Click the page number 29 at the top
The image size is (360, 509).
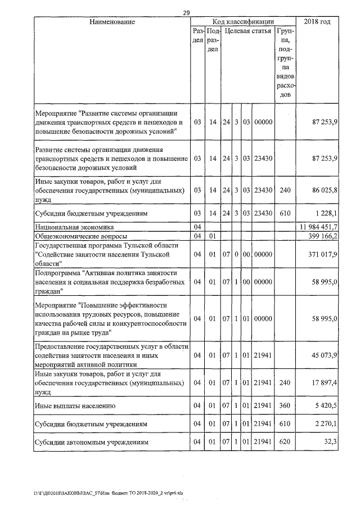pos(186,12)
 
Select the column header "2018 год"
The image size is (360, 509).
pos(317,21)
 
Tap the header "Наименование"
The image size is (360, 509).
pos(112,21)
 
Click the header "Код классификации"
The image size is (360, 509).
pos(243,21)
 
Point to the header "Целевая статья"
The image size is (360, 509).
pos(247,31)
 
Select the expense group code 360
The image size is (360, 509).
pos(285,405)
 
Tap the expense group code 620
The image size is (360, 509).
pos(285,442)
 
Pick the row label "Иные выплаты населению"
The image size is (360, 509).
pos(75,405)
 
